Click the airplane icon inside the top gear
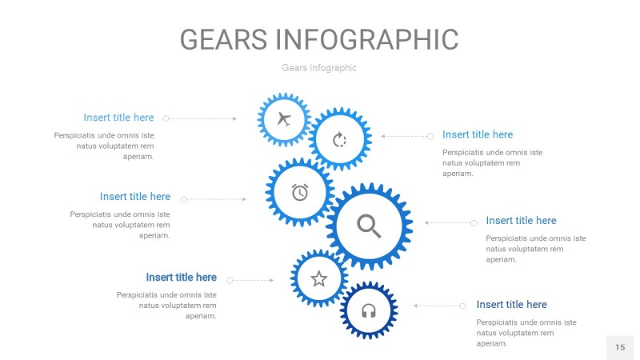pos(283,120)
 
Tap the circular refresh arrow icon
pos(340,140)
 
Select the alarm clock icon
pos(300,192)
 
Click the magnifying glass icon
pos(369,226)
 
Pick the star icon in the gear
pos(319,278)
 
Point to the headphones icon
pos(369,310)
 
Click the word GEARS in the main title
pos(223,39)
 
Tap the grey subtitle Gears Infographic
pos(319,68)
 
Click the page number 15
pos(620,347)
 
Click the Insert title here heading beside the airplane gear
pos(118,118)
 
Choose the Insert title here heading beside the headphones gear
pos(511,305)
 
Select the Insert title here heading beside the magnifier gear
pos(521,221)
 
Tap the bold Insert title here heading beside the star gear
pos(181,278)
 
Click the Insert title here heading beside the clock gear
pos(135,197)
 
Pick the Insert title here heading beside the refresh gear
pos(478,134)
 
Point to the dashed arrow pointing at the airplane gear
pos(201,118)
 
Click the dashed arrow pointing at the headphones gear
pos(438,306)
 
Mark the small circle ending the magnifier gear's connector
pos(474,222)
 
